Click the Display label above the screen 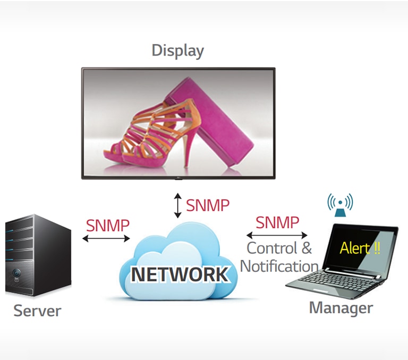(x=177, y=51)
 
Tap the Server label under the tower (x=37, y=311)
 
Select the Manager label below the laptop (x=341, y=307)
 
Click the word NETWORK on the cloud (x=180, y=275)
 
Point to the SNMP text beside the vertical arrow (x=208, y=205)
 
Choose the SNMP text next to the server (x=108, y=225)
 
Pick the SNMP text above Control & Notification (x=277, y=222)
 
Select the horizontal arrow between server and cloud (x=106, y=238)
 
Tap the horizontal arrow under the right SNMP (x=276, y=235)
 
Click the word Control (x=272, y=248)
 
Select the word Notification (x=279, y=265)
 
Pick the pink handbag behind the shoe (x=212, y=122)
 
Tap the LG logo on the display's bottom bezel (x=178, y=176)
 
